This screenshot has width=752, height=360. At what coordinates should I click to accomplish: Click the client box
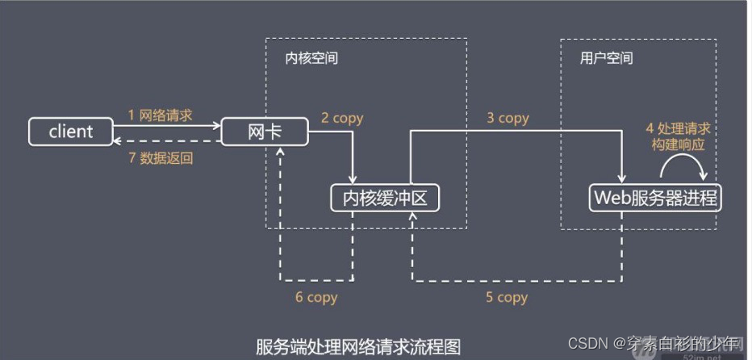72,132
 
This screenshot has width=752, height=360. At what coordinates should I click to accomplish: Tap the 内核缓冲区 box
386,197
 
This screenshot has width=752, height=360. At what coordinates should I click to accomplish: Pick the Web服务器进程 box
655,197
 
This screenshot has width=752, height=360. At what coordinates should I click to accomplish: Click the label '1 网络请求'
161,115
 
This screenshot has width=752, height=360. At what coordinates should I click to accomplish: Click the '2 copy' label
342,118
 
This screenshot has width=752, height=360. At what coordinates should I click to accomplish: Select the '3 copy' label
508,118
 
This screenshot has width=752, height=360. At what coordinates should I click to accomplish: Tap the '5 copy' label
506,297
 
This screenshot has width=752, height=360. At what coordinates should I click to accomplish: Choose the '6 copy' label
315,297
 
